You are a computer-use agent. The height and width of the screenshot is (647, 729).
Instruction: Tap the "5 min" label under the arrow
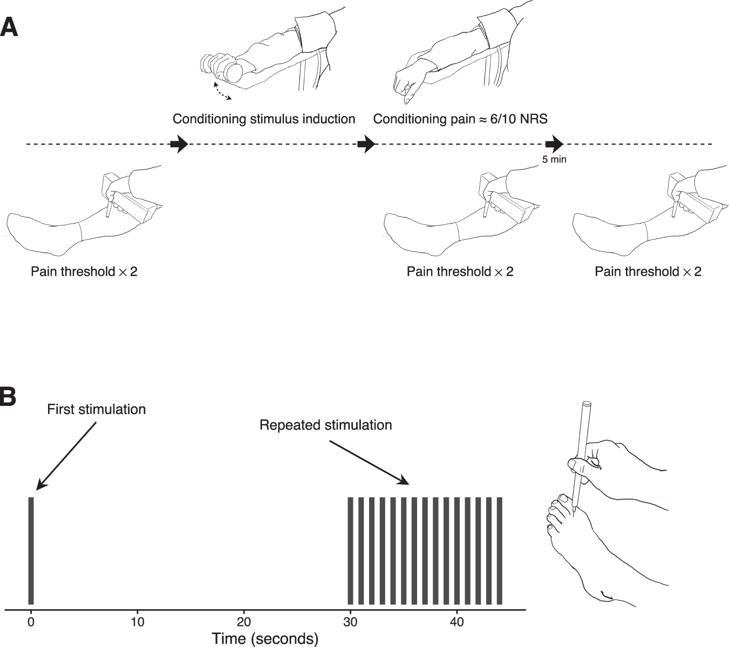[x=554, y=159]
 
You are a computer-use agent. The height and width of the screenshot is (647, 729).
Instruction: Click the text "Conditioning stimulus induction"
[x=264, y=119]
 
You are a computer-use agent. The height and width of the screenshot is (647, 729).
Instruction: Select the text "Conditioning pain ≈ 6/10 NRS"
[x=460, y=119]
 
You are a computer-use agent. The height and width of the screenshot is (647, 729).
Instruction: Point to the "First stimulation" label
[x=96, y=409]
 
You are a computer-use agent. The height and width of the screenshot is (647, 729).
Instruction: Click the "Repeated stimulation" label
[x=325, y=425]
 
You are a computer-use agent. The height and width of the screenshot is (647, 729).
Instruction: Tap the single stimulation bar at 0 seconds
[x=31, y=550]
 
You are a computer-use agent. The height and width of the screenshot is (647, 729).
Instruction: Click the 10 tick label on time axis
[x=138, y=621]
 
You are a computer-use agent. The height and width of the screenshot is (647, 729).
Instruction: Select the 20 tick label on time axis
[x=244, y=621]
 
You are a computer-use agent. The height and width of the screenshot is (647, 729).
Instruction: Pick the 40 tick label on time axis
[x=457, y=621]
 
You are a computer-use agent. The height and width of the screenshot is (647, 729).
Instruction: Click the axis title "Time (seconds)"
[x=265, y=639]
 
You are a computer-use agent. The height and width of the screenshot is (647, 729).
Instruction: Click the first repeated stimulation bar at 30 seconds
[x=351, y=550]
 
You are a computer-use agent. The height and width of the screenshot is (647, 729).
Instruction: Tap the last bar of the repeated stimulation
[x=499, y=550]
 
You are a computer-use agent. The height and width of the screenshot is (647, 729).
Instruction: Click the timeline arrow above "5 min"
[x=554, y=144]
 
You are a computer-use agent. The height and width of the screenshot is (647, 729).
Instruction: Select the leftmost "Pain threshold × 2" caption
[x=84, y=271]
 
